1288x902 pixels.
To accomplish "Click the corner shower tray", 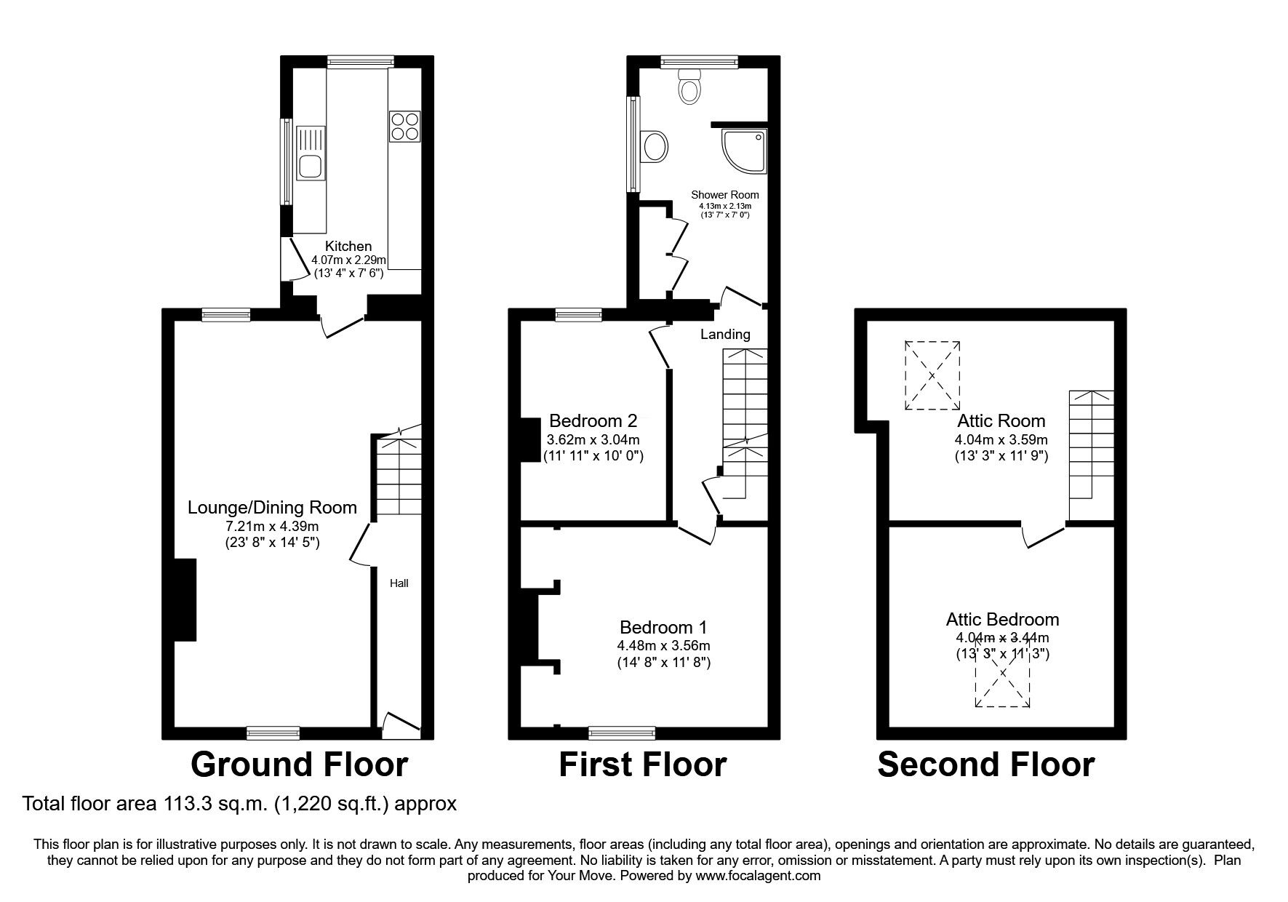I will coord(744,151).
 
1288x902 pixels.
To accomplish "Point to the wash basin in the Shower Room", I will coord(655,148).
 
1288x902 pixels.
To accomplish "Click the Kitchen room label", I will coord(348,247).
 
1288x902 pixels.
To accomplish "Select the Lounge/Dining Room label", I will coord(272,507).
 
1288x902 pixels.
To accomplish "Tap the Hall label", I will coord(399,583).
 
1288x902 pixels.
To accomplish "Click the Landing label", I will coord(724,334).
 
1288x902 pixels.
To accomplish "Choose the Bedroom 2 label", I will coord(593,420).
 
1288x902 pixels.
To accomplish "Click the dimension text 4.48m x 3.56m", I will coord(663,645).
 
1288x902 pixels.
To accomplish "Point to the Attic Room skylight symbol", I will coord(932,375).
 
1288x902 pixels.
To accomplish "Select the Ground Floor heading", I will coord(299,765).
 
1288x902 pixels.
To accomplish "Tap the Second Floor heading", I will coord(985,765).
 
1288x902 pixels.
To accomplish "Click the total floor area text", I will coord(240,804).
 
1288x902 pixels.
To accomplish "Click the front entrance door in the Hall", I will coord(401,721).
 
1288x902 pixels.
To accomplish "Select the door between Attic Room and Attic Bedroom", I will coord(1044,537).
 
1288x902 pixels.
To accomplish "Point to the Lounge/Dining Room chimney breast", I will coord(185,599).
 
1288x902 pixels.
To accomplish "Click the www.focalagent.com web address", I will coord(757,876).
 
